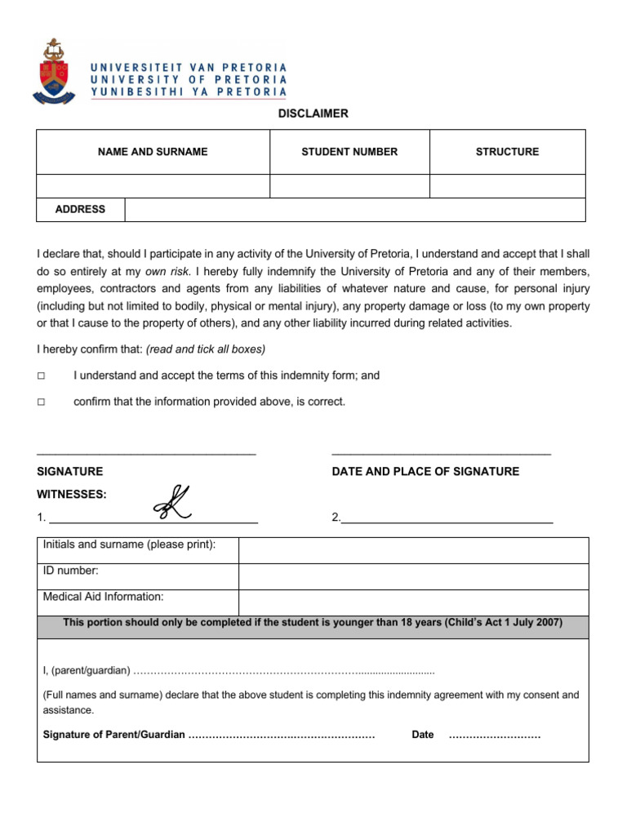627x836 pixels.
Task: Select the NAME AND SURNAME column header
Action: click(153, 152)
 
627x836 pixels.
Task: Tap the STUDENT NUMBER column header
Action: click(349, 152)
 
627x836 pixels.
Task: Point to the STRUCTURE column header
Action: click(507, 152)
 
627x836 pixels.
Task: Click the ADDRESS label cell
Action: click(80, 210)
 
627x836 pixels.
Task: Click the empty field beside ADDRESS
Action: click(354, 210)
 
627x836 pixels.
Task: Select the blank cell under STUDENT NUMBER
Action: click(349, 186)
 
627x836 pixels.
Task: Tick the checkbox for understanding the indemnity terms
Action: click(41, 376)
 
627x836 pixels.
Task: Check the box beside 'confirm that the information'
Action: click(41, 402)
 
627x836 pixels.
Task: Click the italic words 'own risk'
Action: click(167, 271)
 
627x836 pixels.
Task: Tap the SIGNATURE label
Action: click(70, 472)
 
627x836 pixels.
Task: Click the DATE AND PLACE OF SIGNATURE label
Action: click(425, 472)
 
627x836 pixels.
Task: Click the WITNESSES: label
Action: click(72, 495)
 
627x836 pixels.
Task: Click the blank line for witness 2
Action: click(447, 517)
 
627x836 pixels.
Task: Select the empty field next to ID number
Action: click(412, 576)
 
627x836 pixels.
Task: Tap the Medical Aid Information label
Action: click(103, 597)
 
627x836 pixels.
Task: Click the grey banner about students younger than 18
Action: click(313, 623)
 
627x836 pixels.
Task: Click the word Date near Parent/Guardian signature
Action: click(423, 735)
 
